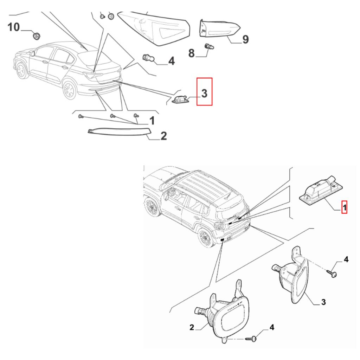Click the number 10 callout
pyautogui.click(x=14, y=27)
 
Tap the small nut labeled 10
pyautogui.click(x=37, y=36)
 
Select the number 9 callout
pyautogui.click(x=245, y=39)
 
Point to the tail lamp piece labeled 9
pyautogui.click(x=219, y=28)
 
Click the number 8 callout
pyautogui.click(x=192, y=53)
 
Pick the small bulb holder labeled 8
pyautogui.click(x=209, y=47)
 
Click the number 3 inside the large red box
pyautogui.click(x=204, y=94)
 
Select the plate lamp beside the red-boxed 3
pyautogui.click(x=181, y=99)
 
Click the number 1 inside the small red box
pyautogui.click(x=345, y=208)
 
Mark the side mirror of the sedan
pyautogui.click(x=33, y=54)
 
